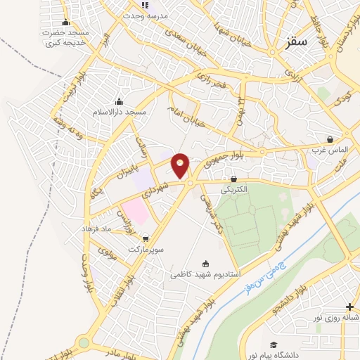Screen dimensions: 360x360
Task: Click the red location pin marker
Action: [181, 165]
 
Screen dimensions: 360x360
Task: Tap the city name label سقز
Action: [297, 42]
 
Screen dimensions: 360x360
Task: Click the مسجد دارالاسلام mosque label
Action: [119, 112]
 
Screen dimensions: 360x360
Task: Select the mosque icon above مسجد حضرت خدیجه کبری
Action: [66, 22]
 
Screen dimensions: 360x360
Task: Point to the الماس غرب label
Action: [330, 150]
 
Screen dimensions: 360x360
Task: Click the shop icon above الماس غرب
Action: [330, 139]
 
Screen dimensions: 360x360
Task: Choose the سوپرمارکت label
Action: [145, 250]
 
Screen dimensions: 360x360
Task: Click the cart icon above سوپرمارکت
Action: [145, 239]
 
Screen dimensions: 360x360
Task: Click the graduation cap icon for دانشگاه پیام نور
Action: [274, 345]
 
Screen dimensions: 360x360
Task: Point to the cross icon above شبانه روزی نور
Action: [350, 307]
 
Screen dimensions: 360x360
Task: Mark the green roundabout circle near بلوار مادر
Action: [84, 343]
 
